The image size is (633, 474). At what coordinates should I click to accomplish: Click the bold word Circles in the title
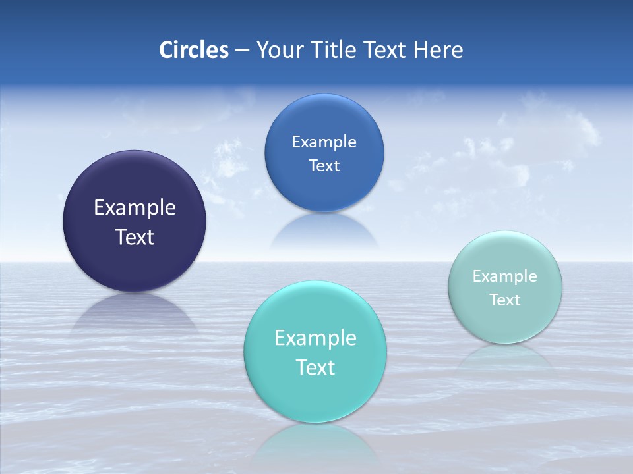(194, 50)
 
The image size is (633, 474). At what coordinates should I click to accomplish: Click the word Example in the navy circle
(135, 207)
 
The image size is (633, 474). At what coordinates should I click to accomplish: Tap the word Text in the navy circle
(135, 237)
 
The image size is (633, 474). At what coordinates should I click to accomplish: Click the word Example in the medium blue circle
(324, 142)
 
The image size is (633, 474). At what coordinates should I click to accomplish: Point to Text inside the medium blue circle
(324, 165)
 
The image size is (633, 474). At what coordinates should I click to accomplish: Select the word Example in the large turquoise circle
(315, 338)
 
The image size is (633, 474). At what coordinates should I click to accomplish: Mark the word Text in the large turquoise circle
(315, 367)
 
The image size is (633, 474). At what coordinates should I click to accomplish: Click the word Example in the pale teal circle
(505, 276)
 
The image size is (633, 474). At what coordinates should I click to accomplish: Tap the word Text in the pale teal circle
(505, 300)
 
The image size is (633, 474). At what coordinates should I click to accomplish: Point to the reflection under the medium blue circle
(324, 230)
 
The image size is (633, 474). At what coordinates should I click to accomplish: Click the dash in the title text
(242, 50)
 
